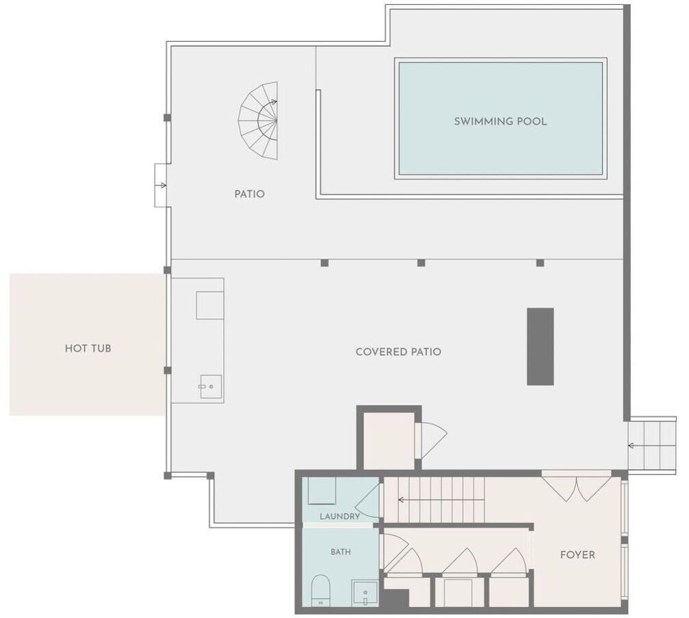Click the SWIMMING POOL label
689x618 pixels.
500,121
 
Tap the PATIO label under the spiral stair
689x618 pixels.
250,194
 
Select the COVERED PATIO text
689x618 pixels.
398,352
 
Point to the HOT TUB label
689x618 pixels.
88,348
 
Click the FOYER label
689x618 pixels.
577,555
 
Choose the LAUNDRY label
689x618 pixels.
339,516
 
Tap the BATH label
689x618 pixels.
341,552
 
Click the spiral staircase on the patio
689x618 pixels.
259,120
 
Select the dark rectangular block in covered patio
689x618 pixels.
540,346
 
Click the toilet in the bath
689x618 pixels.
320,590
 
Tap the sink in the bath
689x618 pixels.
365,593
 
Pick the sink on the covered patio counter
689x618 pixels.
211,387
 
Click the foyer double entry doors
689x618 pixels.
576,487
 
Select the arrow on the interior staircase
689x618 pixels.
441,500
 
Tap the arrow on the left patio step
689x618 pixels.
161,185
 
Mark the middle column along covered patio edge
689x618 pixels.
421,263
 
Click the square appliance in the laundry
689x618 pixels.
322,491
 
